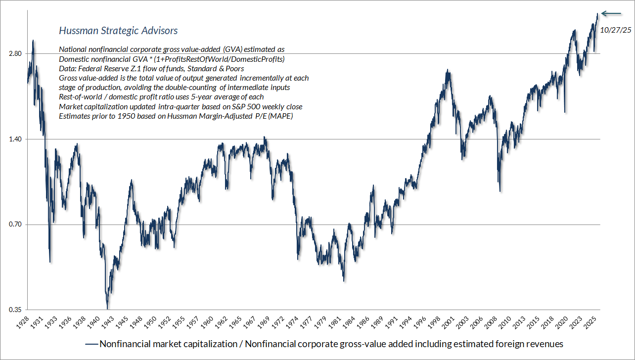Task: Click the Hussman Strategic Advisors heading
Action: click(118, 31)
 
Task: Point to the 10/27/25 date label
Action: click(615, 30)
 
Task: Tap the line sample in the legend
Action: click(91, 344)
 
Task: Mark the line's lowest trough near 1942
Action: click(107, 308)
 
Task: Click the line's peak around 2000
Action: click(448, 70)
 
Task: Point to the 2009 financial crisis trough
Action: click(500, 191)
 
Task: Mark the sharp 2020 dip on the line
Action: click(565, 112)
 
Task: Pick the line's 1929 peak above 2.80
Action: click(33, 41)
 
